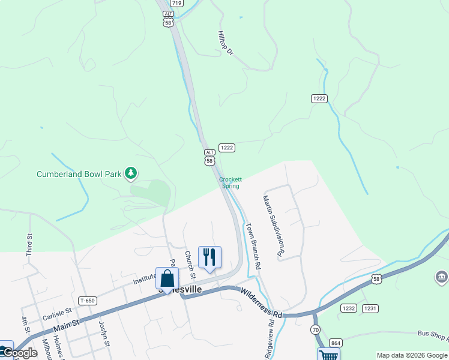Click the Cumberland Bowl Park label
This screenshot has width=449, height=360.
79,174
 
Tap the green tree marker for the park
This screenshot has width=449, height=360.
131,174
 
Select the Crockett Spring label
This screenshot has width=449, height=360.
230,182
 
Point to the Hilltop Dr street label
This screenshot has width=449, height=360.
226,44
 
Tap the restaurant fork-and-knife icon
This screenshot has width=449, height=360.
209,256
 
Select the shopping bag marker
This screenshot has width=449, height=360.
167,278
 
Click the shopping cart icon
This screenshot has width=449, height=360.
328,355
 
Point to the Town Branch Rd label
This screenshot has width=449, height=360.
253,246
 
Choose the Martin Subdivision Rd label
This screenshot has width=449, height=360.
271,226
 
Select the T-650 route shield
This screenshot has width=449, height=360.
87,301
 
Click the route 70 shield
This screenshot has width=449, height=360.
316,330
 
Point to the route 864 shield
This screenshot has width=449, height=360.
336,343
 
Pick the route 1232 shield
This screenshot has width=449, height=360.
349,308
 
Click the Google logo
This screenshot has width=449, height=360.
19,353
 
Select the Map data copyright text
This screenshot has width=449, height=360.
412,355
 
